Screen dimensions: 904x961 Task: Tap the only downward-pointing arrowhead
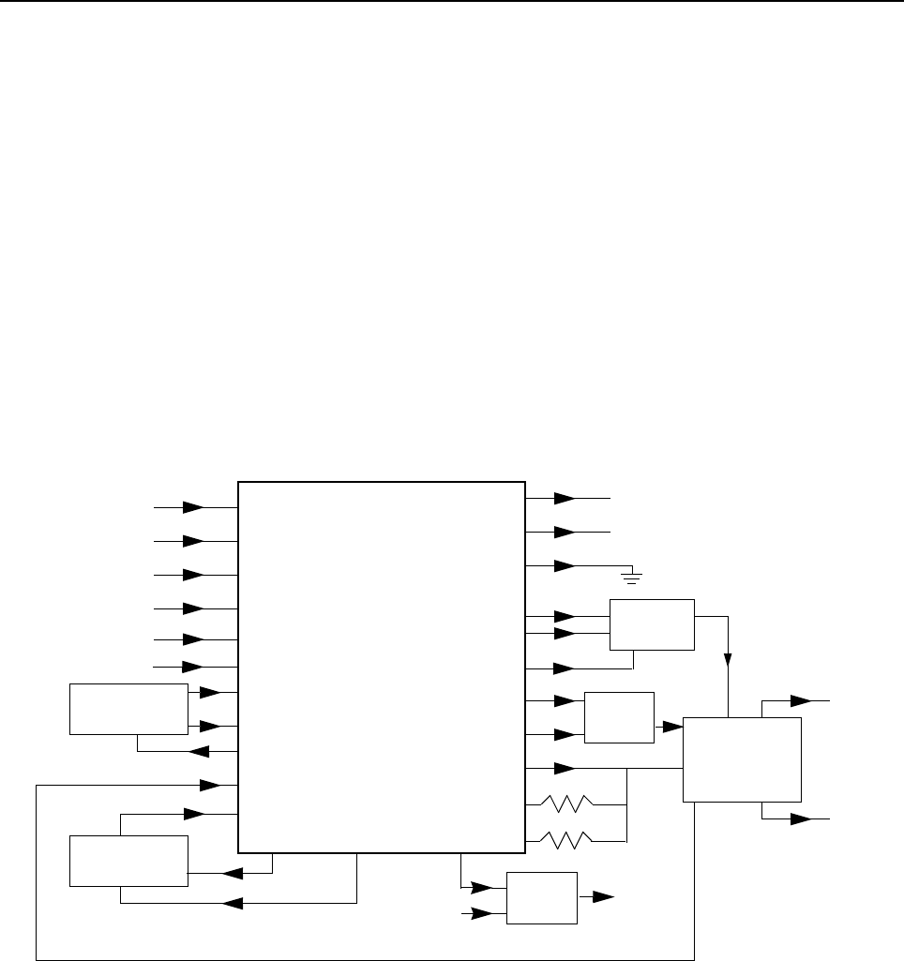(x=728, y=661)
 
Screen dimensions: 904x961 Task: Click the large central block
(x=381, y=667)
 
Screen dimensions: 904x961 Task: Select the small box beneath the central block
(x=541, y=897)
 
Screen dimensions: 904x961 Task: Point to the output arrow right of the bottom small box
(x=604, y=897)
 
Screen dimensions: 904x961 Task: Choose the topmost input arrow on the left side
(x=193, y=507)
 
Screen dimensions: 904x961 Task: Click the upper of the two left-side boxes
(x=128, y=709)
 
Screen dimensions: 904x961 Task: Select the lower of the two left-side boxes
(x=129, y=861)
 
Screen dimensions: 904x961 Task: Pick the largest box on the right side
(x=742, y=759)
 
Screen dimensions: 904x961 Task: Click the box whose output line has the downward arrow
(x=652, y=624)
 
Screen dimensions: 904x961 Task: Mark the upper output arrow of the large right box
(x=800, y=700)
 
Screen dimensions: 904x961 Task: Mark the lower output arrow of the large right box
(x=800, y=818)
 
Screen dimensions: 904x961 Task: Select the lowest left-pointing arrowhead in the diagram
(x=232, y=904)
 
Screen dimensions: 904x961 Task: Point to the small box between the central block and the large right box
(x=619, y=717)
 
